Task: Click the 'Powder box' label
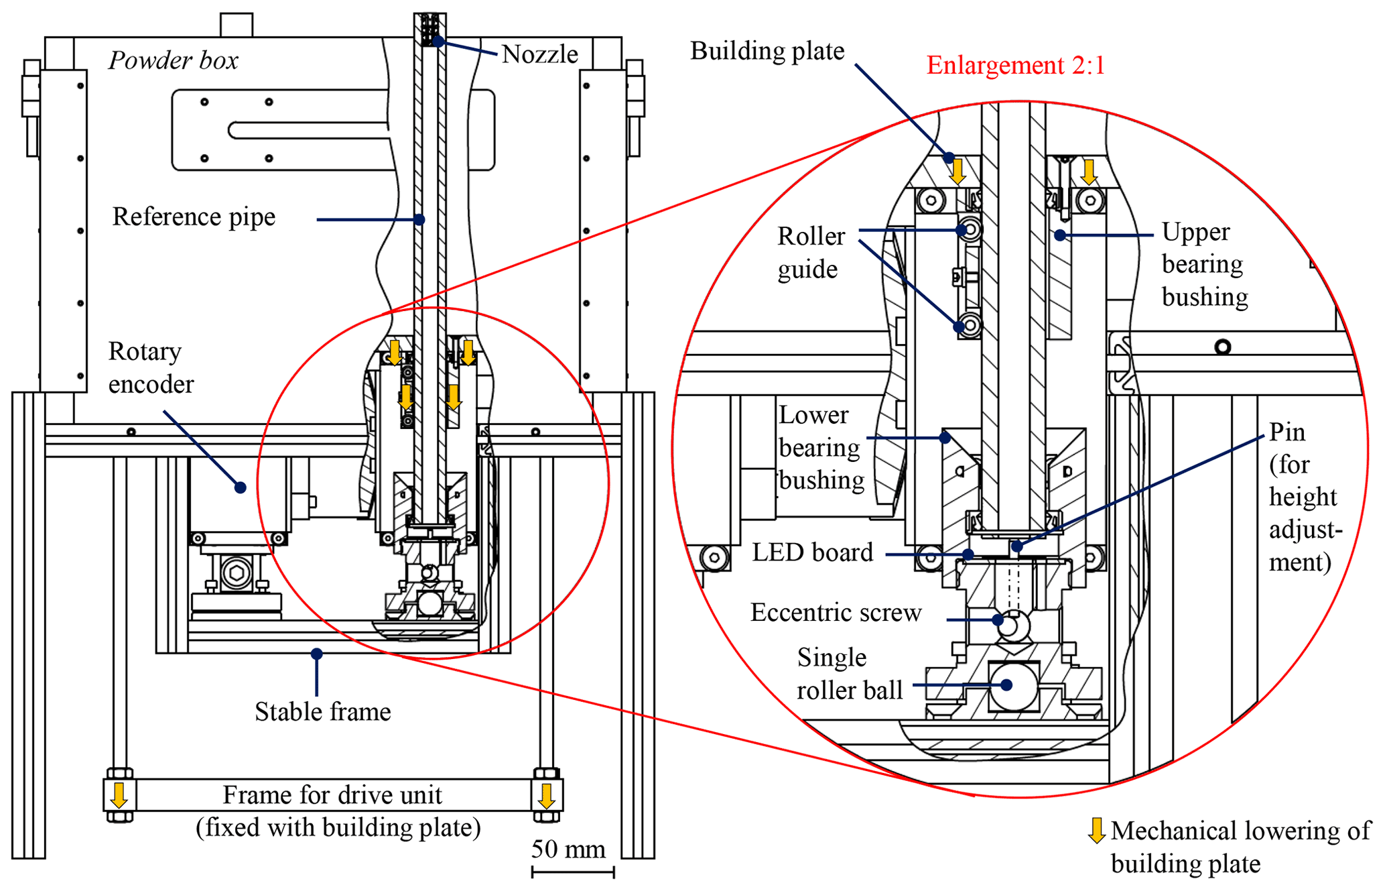pyautogui.click(x=173, y=61)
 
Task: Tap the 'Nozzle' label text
pyautogui.click(x=539, y=54)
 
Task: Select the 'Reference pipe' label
pyautogui.click(x=194, y=217)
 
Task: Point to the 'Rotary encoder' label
pyautogui.click(x=151, y=367)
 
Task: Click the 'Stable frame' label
pyautogui.click(x=322, y=712)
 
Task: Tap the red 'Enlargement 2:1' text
pyautogui.click(x=1015, y=66)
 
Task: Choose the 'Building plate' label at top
pyautogui.click(x=767, y=52)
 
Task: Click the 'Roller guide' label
pyautogui.click(x=811, y=253)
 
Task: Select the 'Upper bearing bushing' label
pyautogui.click(x=1204, y=264)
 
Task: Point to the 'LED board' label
pyautogui.click(x=812, y=553)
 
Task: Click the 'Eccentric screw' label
pyautogui.click(x=836, y=613)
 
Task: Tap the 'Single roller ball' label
pyautogui.click(x=849, y=674)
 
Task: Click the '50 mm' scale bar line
pyautogui.click(x=573, y=872)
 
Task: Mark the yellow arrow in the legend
pyautogui.click(x=1096, y=830)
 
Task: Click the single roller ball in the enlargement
pyautogui.click(x=1013, y=685)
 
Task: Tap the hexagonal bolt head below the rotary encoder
pyautogui.click(x=236, y=574)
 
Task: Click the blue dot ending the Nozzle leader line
pyautogui.click(x=438, y=42)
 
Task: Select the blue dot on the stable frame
pyautogui.click(x=317, y=653)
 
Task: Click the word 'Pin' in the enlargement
pyautogui.click(x=1287, y=432)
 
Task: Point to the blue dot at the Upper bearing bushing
pyautogui.click(x=1060, y=235)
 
